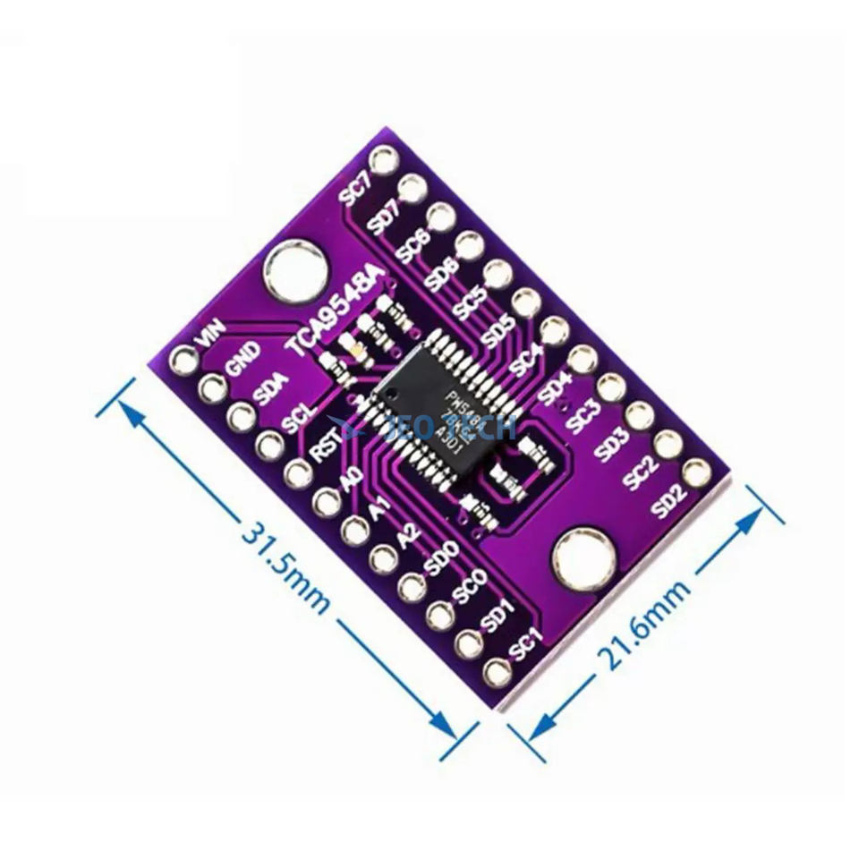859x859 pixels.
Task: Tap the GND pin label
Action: tap(242, 358)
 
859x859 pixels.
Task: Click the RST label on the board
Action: tap(323, 445)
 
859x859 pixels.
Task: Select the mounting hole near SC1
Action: tap(583, 561)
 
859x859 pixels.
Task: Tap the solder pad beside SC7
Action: tap(385, 162)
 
